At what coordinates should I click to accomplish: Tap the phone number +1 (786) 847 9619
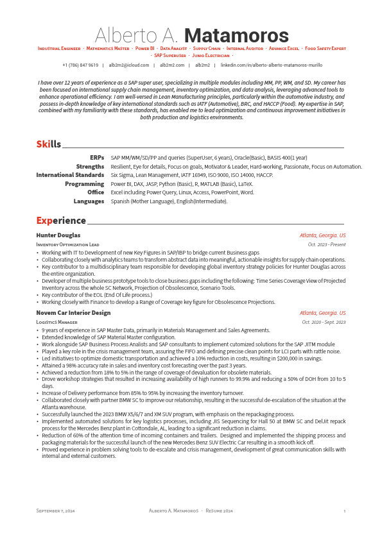point(80,65)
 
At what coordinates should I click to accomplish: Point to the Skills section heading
point(48,144)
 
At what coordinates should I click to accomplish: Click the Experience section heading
point(61,221)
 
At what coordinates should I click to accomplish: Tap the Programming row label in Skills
point(84,183)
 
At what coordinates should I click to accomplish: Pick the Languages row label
point(89,201)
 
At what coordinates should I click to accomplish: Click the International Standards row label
point(70,174)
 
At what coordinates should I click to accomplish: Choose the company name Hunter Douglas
point(58,235)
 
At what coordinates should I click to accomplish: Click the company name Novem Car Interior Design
point(73,312)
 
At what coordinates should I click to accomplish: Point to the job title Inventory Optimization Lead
point(67,244)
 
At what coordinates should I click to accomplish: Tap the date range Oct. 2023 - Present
point(327,244)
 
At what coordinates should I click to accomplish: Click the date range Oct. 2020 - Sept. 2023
point(324,322)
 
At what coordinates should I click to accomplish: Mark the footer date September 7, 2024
point(56,510)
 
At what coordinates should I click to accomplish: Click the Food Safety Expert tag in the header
point(326,48)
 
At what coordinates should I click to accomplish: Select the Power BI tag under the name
point(144,48)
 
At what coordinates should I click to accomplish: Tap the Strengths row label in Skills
point(90,166)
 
